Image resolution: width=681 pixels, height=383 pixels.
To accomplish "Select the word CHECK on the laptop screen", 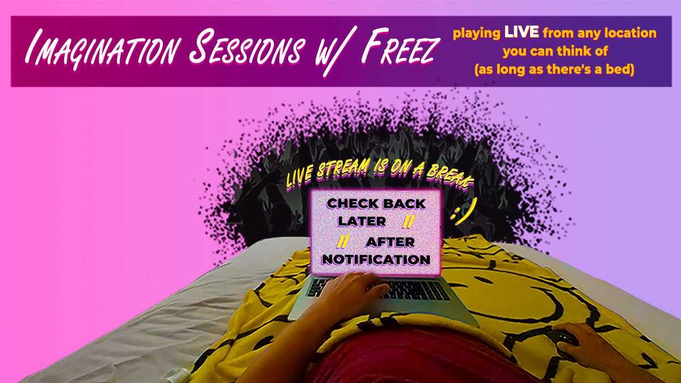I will pyautogui.click(x=354, y=203).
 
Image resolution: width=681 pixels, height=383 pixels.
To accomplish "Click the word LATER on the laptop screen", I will pyautogui.click(x=361, y=221).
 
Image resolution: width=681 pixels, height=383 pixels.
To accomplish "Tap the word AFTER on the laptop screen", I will pyautogui.click(x=390, y=242).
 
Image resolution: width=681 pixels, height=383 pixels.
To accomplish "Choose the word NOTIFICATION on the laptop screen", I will pyautogui.click(x=375, y=260).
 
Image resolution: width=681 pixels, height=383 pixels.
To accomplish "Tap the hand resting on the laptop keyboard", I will pyautogui.click(x=363, y=287).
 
